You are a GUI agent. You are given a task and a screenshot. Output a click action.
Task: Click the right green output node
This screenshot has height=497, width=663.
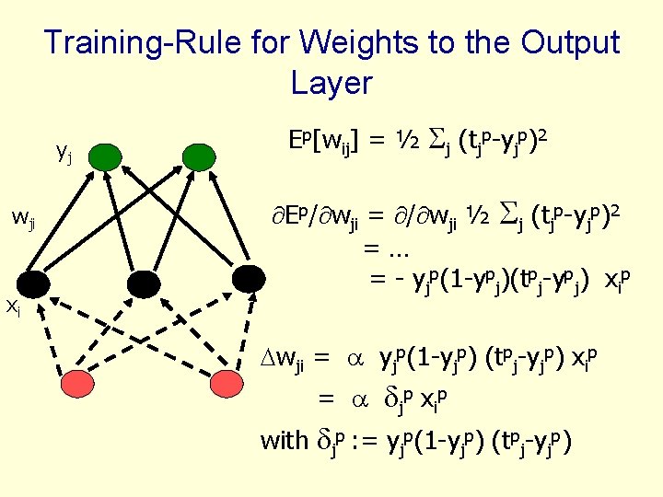pos(197,156)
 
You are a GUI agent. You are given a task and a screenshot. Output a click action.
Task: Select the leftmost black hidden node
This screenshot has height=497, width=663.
pos(36,286)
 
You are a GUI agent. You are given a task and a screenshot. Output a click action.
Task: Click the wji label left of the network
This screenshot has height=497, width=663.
pos(23,218)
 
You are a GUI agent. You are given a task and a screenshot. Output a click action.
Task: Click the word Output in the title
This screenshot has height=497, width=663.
pos(570,42)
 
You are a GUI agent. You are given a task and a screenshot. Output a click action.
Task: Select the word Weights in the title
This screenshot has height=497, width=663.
pos(364,42)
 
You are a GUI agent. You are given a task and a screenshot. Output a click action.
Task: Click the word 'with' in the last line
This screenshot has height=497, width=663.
pos(285,441)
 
